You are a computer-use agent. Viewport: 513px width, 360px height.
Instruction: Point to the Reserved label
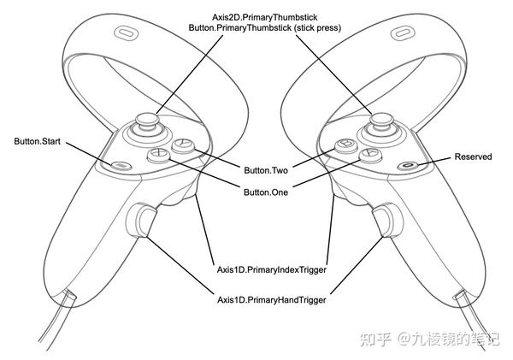472,156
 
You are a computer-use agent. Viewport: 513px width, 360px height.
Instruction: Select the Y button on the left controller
182,146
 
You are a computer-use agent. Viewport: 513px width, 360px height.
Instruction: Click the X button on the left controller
158,156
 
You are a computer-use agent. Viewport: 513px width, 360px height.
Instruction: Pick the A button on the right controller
369,156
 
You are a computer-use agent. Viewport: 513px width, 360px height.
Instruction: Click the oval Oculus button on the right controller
410,164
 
